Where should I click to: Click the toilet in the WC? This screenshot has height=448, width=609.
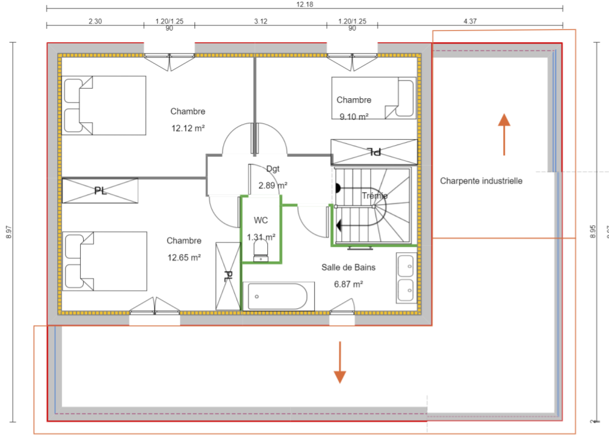tap(261, 250)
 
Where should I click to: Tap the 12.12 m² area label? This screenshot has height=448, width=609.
tap(188, 128)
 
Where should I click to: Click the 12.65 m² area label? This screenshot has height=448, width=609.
tap(184, 257)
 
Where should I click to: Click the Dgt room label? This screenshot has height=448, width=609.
tap(273, 169)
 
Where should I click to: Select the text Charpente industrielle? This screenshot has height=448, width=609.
tap(481, 181)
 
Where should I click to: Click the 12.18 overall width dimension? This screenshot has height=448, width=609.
tap(304, 4)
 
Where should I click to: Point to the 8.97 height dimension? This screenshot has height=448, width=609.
tap(8, 232)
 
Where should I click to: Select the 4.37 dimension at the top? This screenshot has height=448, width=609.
tap(470, 21)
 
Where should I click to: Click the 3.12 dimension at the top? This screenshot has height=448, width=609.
tap(261, 21)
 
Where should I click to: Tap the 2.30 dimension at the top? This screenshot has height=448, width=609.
tap(95, 21)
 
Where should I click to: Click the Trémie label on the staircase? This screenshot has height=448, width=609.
tap(374, 196)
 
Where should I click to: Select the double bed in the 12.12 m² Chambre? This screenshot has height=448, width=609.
tap(105, 105)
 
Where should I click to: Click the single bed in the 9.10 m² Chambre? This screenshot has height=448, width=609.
tap(373, 98)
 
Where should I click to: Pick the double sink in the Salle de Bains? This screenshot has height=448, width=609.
tap(405, 278)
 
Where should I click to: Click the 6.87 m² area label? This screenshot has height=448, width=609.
tap(348, 284)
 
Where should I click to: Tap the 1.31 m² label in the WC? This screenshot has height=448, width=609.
tap(261, 237)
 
